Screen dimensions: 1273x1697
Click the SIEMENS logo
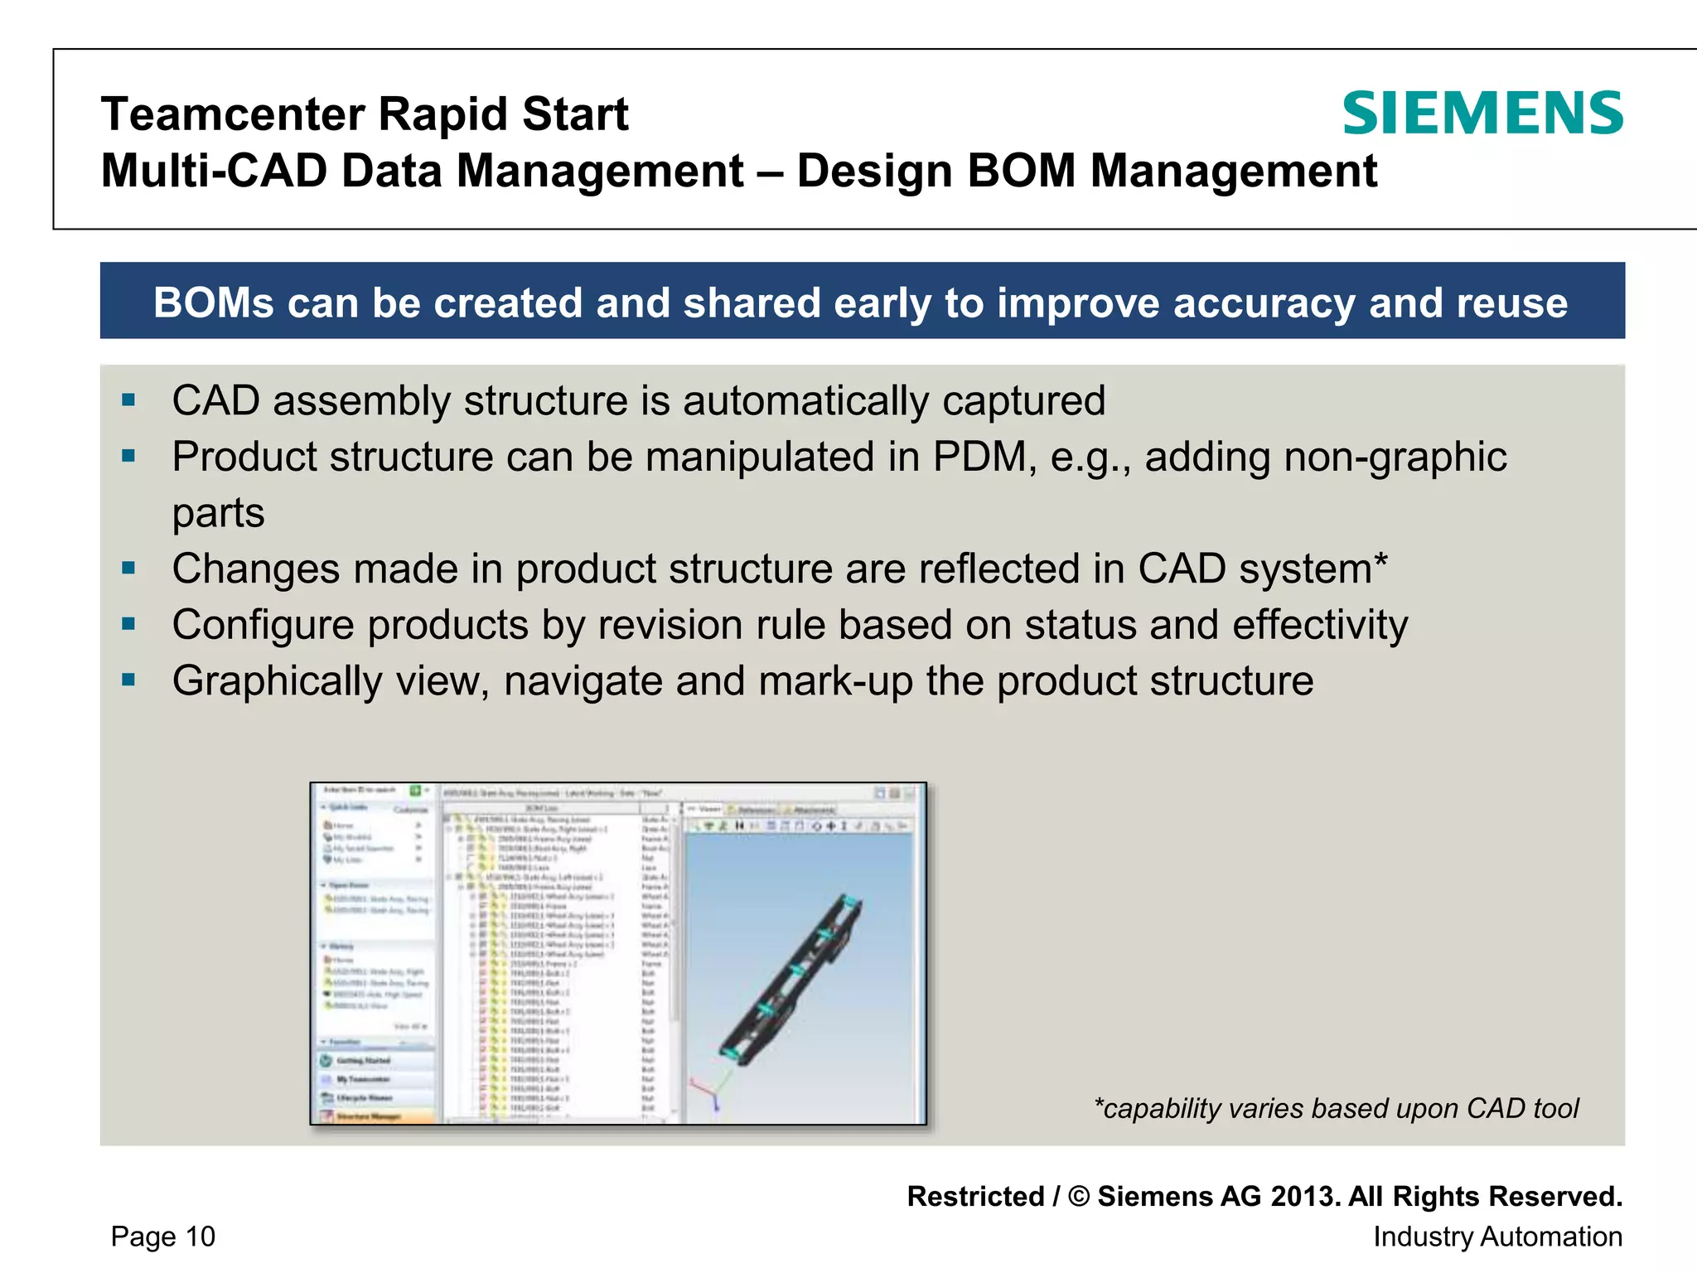[x=1482, y=114]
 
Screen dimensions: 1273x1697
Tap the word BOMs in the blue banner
[x=213, y=303]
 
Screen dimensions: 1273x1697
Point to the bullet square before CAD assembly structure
[x=128, y=401]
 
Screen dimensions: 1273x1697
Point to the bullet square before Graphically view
[x=128, y=680]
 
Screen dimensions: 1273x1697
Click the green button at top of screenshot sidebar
[x=415, y=791]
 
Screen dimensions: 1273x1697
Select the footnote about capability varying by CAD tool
[x=1336, y=1108]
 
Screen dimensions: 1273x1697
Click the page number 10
[x=200, y=1237]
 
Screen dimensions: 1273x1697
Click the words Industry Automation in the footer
[x=1496, y=1237]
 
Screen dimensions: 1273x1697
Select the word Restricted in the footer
[x=975, y=1197]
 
